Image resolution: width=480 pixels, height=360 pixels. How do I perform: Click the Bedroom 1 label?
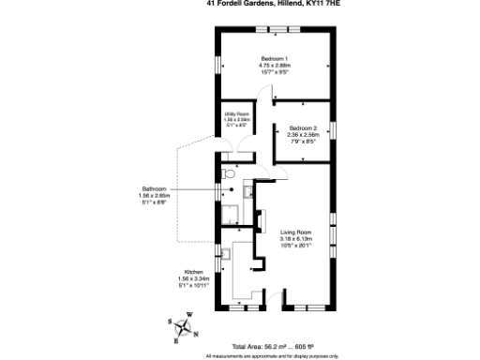coord(275,58)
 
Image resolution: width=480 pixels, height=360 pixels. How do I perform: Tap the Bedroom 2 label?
coord(304,127)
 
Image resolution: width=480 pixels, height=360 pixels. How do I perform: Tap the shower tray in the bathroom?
coord(230,213)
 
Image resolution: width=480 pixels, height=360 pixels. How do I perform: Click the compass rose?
coord(187,327)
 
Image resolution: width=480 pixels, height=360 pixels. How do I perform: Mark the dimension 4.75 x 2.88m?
coord(275,66)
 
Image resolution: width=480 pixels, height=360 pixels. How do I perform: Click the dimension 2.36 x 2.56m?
coord(304,135)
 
